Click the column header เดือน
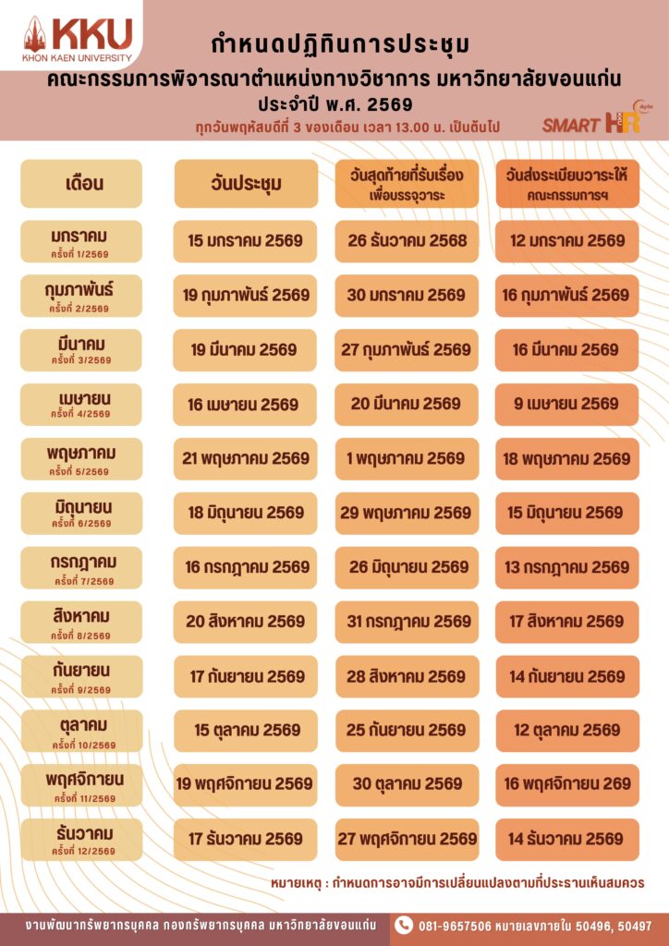pos(82,183)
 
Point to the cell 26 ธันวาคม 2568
pos(407,241)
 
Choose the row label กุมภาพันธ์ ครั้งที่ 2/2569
pos(82,296)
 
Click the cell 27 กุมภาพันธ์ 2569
pos(407,349)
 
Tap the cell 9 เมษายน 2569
pos(567,404)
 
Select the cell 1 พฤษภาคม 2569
pos(407,458)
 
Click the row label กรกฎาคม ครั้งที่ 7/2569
pos(82,566)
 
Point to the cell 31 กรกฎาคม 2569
pos(407,621)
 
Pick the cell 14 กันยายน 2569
pos(567,676)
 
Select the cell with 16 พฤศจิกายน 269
pos(567,784)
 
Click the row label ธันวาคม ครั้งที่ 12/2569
pos(82,839)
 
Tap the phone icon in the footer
pos(404,925)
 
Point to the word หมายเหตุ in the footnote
pos(298,883)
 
